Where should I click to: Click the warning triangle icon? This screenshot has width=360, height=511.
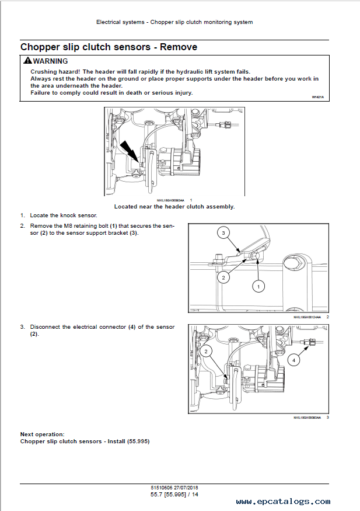click(27, 61)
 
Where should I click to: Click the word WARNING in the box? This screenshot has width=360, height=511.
click(50, 61)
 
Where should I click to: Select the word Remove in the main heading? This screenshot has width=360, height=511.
click(179, 47)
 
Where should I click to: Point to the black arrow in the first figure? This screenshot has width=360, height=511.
click(128, 150)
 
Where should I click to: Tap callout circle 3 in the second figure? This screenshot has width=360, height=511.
click(223, 232)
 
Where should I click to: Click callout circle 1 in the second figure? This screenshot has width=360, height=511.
click(258, 287)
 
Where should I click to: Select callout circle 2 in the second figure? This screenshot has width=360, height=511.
click(223, 277)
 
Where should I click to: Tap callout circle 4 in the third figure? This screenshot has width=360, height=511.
click(293, 360)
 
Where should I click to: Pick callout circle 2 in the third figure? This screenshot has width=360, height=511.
click(206, 351)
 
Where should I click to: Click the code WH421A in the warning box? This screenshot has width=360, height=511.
click(317, 97)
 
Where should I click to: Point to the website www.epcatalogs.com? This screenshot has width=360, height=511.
click(283, 502)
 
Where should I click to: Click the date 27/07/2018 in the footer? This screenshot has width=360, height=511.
click(186, 488)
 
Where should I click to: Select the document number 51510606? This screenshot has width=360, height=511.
click(162, 488)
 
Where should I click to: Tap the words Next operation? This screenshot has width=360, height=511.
click(43, 434)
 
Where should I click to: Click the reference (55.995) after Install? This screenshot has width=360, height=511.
click(138, 442)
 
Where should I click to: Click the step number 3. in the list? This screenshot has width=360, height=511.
click(22, 327)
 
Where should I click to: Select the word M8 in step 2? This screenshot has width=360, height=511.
click(68, 226)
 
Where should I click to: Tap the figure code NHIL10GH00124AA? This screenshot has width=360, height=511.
click(307, 317)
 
